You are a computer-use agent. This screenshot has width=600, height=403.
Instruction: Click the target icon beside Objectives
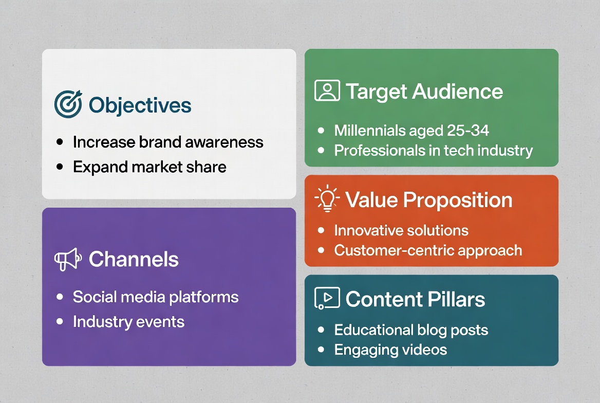tap(68, 104)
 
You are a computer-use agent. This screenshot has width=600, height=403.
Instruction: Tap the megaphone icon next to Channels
tap(68, 260)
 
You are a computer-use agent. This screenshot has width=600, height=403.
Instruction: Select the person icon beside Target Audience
tap(327, 90)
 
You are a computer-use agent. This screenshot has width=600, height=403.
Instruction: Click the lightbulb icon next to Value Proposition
tap(327, 198)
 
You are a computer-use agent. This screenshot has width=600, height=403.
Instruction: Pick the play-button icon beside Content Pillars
tap(327, 298)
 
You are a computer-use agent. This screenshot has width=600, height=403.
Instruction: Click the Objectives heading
tap(140, 105)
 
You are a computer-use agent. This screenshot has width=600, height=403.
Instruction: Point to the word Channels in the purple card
tap(134, 259)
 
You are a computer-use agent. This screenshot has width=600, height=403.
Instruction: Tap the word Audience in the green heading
tap(458, 91)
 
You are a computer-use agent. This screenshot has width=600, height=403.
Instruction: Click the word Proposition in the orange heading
tap(458, 200)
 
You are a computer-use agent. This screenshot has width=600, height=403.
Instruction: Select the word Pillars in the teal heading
tap(456, 299)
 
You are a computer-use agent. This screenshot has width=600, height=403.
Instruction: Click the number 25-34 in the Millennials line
tap(468, 131)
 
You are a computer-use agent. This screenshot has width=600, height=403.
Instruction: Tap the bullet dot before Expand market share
tap(60, 167)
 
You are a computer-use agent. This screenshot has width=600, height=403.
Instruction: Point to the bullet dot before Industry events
tap(60, 321)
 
